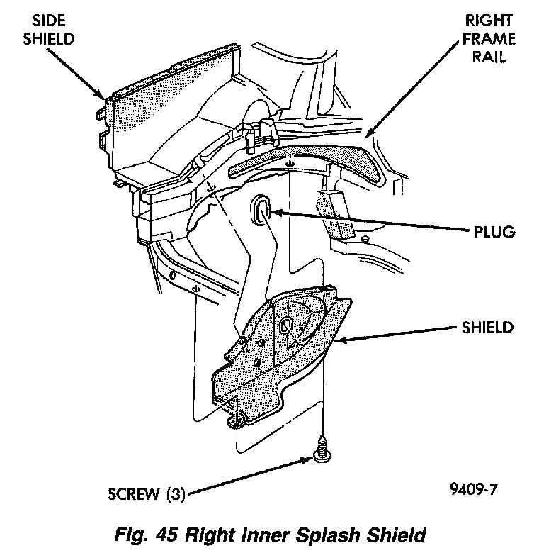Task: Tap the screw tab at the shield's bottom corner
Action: coord(236,422)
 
